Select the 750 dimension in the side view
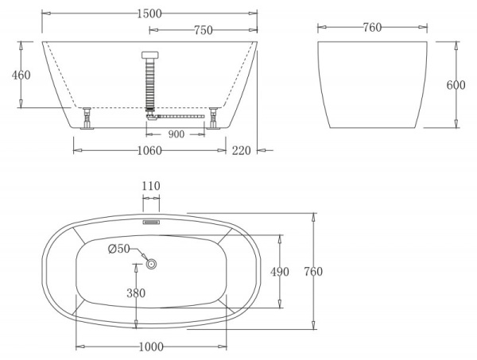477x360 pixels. click(x=203, y=30)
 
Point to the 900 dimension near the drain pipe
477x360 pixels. click(x=176, y=134)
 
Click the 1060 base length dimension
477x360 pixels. click(x=148, y=150)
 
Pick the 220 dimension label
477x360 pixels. click(x=242, y=150)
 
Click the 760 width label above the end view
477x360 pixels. click(x=371, y=28)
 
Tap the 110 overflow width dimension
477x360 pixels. click(x=151, y=186)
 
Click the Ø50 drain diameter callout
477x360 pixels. click(x=118, y=250)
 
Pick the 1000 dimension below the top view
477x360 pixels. click(x=150, y=346)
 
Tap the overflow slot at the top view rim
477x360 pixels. click(x=151, y=223)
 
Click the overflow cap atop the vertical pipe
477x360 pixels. click(x=149, y=55)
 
